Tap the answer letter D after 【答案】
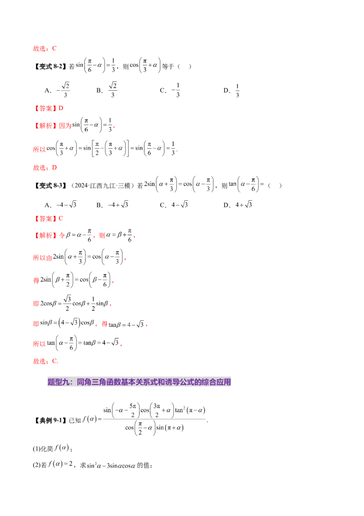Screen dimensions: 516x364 (61, 108)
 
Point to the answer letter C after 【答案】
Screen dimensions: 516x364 (61, 219)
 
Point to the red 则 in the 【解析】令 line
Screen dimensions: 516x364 (102, 236)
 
